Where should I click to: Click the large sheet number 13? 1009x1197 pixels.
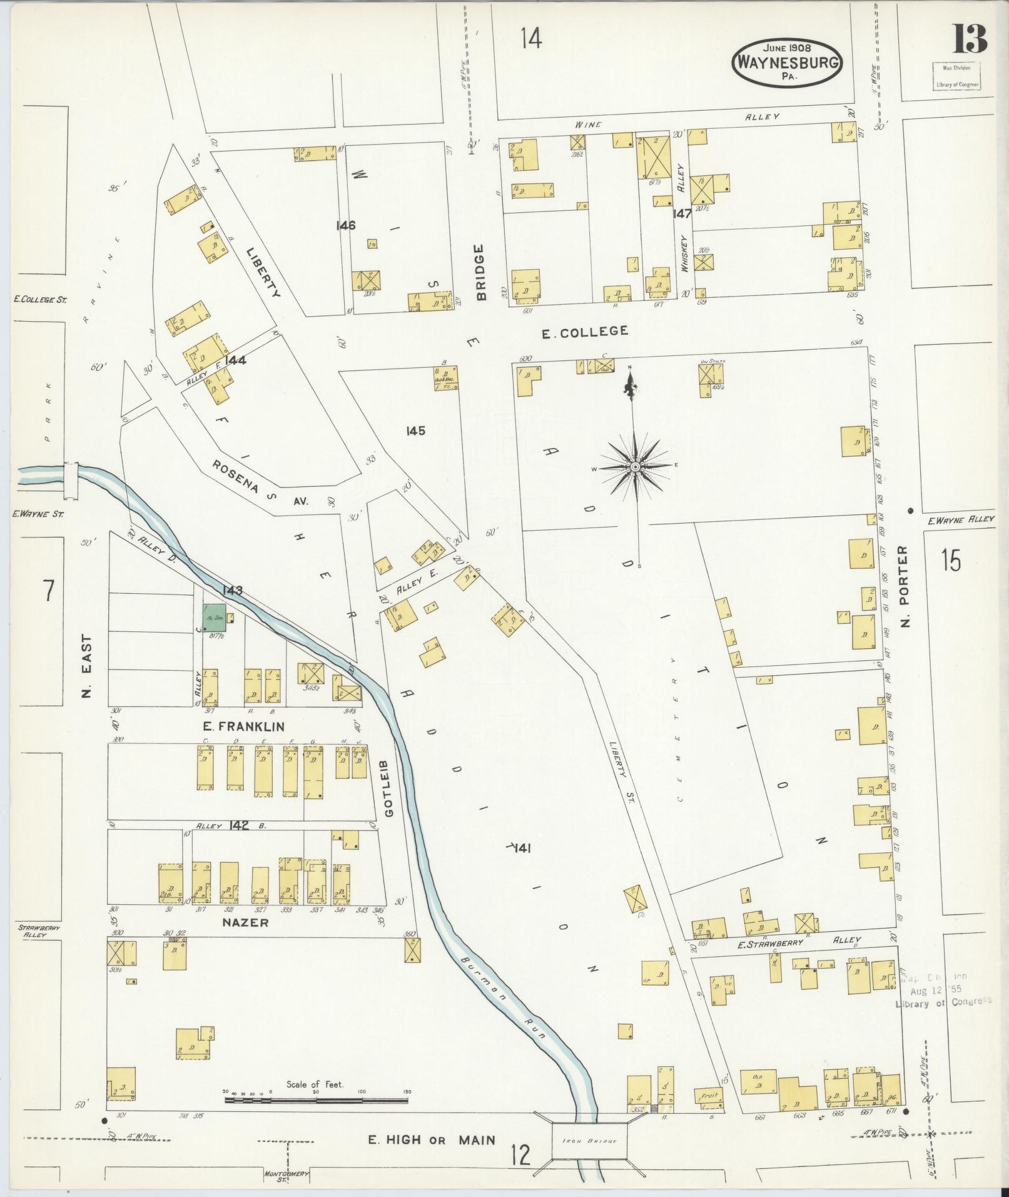coord(969,38)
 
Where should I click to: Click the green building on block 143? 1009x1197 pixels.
coord(215,617)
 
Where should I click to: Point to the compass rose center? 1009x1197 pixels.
coord(635,467)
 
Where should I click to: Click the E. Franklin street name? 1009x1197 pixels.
coord(244,726)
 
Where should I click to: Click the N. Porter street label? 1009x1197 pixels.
coord(905,586)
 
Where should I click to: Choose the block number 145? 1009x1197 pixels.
coord(415,430)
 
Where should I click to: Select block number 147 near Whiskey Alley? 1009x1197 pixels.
coord(682,213)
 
